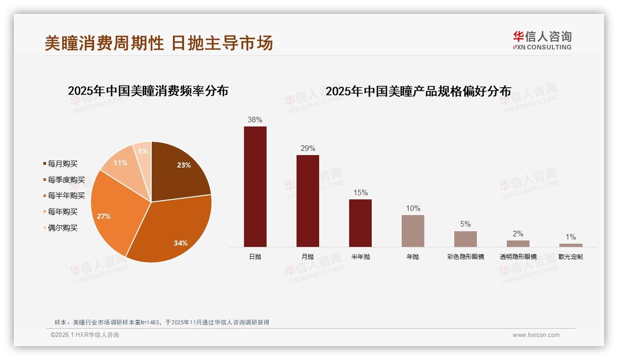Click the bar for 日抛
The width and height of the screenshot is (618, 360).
255,186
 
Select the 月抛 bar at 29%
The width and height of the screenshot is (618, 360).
308,201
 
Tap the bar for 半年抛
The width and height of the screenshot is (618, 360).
360,223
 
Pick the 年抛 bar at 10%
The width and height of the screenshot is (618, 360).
413,231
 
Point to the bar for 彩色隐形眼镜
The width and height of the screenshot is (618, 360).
465,239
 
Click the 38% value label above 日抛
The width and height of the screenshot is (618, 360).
255,120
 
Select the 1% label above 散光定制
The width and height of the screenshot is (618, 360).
570,237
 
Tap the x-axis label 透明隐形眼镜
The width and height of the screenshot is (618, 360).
518,257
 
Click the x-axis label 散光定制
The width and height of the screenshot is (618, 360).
570,257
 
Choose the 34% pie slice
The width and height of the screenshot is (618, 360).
175,231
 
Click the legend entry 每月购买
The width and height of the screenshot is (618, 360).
62,164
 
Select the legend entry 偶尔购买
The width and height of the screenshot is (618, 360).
62,228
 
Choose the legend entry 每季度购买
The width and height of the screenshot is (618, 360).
66,180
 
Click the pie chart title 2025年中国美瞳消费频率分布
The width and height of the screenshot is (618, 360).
148,91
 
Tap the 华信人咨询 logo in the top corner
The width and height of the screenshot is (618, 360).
542,40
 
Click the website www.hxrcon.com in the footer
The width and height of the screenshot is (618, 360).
536,335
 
